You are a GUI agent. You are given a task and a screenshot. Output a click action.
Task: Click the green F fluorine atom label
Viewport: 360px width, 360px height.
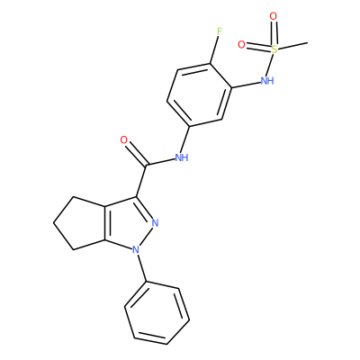click(x=220, y=31)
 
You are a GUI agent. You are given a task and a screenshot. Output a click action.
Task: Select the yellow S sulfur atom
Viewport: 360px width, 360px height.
click(x=274, y=49)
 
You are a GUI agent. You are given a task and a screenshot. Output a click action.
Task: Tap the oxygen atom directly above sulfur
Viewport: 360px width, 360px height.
click(x=273, y=16)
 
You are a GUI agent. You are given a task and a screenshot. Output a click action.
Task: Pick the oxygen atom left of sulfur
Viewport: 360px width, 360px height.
click(x=241, y=45)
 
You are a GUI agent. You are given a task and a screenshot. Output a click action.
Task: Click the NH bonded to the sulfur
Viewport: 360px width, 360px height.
click(x=267, y=80)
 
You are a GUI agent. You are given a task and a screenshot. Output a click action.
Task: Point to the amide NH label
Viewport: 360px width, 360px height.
click(x=182, y=157)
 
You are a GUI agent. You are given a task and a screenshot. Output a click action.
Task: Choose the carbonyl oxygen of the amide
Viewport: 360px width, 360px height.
click(x=124, y=139)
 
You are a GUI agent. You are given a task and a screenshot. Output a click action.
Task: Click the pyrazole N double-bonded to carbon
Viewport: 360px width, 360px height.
click(x=155, y=223)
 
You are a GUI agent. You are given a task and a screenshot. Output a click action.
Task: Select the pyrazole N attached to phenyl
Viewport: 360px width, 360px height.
click(x=136, y=249)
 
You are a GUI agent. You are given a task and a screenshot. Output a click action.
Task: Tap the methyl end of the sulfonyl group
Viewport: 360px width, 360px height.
click(x=307, y=43)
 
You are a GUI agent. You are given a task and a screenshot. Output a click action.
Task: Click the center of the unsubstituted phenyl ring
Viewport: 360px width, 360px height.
click(x=157, y=313)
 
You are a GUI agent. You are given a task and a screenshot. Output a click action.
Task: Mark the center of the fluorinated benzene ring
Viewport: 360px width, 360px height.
click(x=200, y=94)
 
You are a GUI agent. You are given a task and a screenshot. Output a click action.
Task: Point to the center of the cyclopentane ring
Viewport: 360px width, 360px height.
click(x=82, y=223)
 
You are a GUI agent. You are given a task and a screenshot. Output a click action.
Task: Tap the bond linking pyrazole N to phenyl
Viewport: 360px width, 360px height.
click(x=141, y=267)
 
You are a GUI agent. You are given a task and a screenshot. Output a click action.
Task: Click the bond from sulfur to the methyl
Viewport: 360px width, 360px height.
click(x=292, y=46)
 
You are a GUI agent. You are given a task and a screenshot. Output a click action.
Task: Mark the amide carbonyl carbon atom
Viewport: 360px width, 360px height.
click(x=146, y=166)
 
